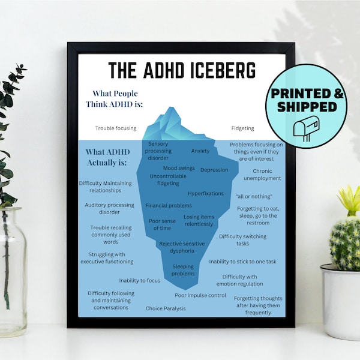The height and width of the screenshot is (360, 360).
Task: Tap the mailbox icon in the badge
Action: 306,128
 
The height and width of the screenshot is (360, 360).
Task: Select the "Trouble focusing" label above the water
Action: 116,128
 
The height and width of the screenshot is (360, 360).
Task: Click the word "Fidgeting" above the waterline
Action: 242,128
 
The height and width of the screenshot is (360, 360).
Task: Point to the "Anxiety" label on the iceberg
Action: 200,151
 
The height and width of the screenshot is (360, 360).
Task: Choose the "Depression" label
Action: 214,170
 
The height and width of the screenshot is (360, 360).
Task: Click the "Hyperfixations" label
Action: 206,194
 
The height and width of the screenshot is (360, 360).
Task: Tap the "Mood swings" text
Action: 179,168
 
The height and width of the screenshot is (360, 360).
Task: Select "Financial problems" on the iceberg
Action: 169,206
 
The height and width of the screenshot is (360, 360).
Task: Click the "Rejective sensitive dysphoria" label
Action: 182,248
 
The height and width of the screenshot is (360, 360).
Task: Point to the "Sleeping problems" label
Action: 183,270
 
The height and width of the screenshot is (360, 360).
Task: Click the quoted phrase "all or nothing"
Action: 254,197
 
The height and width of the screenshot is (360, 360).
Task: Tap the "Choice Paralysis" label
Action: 166,308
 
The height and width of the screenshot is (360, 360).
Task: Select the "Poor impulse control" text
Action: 200,295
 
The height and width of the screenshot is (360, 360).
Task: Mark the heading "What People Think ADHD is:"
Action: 115,98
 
